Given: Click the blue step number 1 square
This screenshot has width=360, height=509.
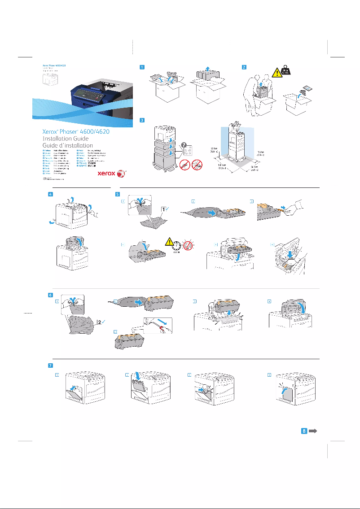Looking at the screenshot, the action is tap(142, 68).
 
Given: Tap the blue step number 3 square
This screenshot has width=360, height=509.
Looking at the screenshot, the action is tap(142, 120).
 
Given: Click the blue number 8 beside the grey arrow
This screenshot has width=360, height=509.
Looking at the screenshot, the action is tap(304, 431).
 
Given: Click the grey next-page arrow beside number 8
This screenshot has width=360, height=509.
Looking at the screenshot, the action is tap(313, 431).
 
